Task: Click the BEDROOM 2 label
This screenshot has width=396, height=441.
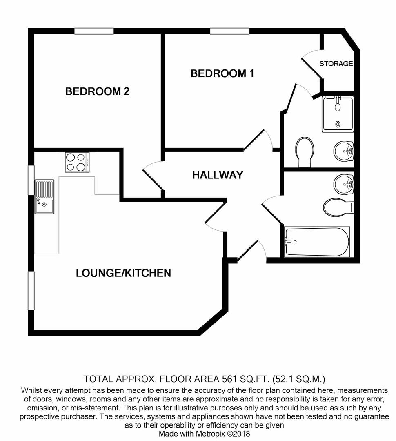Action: (97, 91)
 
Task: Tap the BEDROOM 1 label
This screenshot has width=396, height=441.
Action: (222, 73)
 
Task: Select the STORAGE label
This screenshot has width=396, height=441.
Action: (336, 64)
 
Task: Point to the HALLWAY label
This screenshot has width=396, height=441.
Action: (218, 175)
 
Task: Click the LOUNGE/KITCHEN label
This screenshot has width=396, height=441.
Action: (123, 273)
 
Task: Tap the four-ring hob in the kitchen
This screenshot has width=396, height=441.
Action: (77, 162)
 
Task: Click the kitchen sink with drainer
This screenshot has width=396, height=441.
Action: (44, 196)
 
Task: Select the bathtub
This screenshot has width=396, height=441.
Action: (317, 242)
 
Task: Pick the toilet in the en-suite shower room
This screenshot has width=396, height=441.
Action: (304, 151)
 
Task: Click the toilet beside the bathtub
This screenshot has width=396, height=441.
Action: (337, 207)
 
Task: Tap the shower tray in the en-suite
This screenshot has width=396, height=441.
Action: (338, 114)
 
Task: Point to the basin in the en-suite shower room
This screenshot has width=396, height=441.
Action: (343, 151)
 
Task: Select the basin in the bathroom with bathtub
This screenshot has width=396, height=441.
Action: (343, 184)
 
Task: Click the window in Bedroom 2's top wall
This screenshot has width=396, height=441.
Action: (94, 31)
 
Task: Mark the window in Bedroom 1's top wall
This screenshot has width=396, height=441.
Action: (230, 31)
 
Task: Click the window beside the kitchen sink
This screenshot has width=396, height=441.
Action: (31, 180)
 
